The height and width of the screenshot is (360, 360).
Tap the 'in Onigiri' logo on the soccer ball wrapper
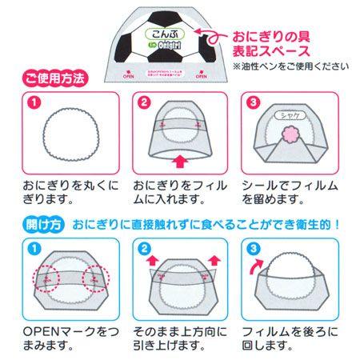[165, 49]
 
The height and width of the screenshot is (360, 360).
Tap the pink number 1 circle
[33, 103]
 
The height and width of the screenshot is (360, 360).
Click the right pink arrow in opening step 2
[214, 258]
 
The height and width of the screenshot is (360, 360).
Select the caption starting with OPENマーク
[69, 338]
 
